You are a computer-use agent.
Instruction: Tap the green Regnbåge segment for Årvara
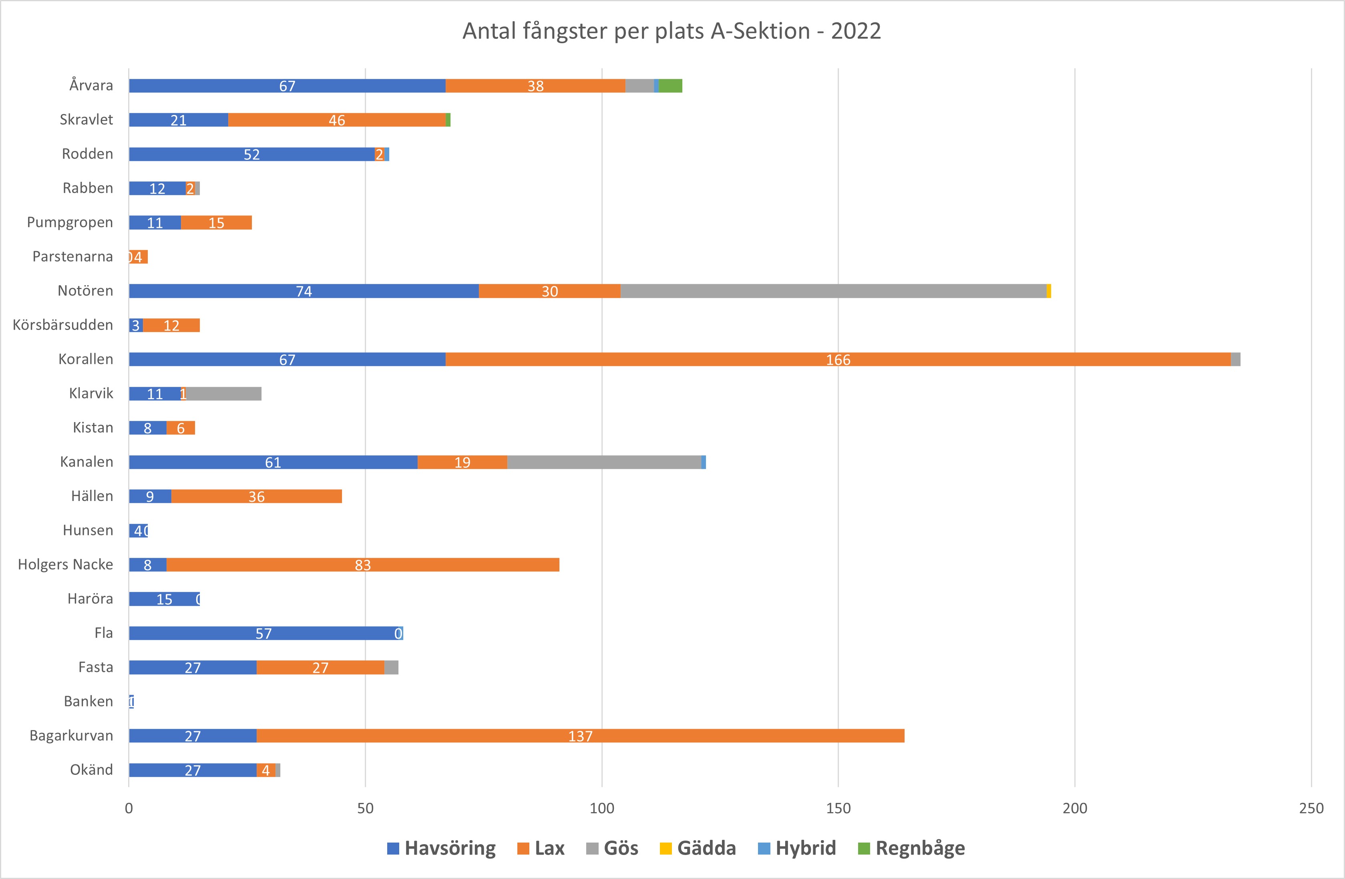click(x=670, y=86)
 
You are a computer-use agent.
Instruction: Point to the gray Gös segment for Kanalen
click(x=604, y=463)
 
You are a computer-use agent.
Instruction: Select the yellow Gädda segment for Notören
click(x=1049, y=291)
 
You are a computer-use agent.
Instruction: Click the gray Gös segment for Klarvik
click(x=224, y=394)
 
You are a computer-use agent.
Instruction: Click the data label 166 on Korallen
click(x=838, y=360)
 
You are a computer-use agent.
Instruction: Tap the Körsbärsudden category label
click(x=63, y=325)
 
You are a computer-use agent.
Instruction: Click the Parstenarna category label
click(x=72, y=257)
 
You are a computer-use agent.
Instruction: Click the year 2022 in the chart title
click(x=856, y=31)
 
